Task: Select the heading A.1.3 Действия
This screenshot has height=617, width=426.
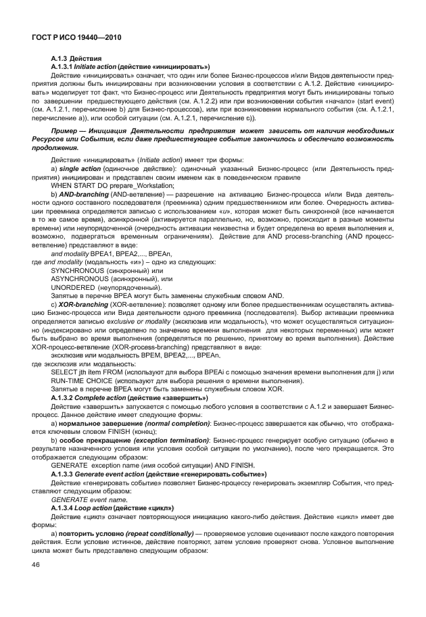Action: tap(77, 59)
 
